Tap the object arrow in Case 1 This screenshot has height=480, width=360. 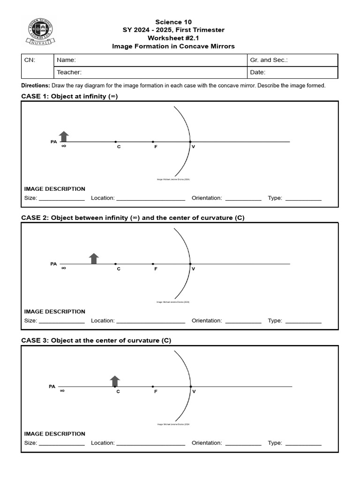click(64, 136)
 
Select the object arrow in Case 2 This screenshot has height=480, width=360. click(94, 258)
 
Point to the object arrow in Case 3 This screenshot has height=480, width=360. click(114, 381)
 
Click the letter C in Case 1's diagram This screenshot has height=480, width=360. click(119, 147)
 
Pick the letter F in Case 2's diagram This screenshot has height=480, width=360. click(156, 269)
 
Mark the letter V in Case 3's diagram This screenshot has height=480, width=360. click(194, 391)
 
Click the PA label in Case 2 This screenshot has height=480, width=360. click(53, 264)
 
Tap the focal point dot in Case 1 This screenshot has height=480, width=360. click(153, 142)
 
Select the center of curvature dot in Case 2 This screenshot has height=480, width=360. click(115, 264)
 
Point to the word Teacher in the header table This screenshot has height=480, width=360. click(69, 72)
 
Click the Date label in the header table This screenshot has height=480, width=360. click(258, 72)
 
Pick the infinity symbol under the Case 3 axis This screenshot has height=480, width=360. click(62, 391)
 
